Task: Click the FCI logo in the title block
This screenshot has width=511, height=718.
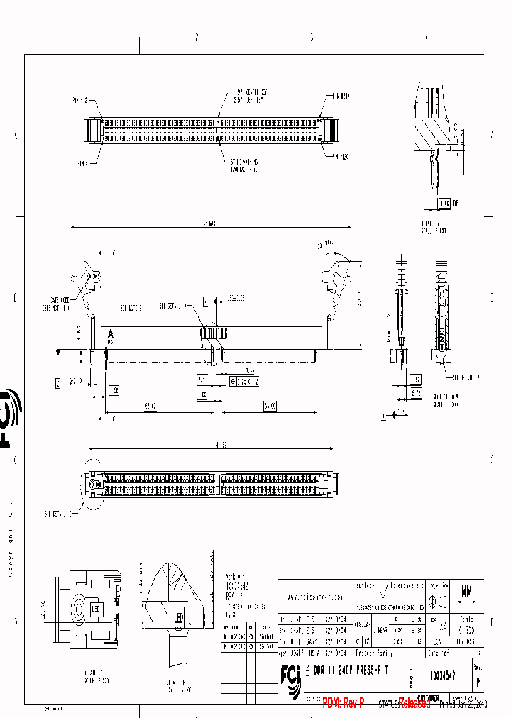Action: (291, 682)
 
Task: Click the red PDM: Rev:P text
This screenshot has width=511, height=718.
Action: (343, 703)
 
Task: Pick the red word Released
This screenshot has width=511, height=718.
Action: (414, 703)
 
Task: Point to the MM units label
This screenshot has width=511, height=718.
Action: (467, 590)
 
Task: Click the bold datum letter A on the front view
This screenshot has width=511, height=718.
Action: (111, 333)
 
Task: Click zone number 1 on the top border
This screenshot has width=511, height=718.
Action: (82, 37)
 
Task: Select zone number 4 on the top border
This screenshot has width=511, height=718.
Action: (426, 37)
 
